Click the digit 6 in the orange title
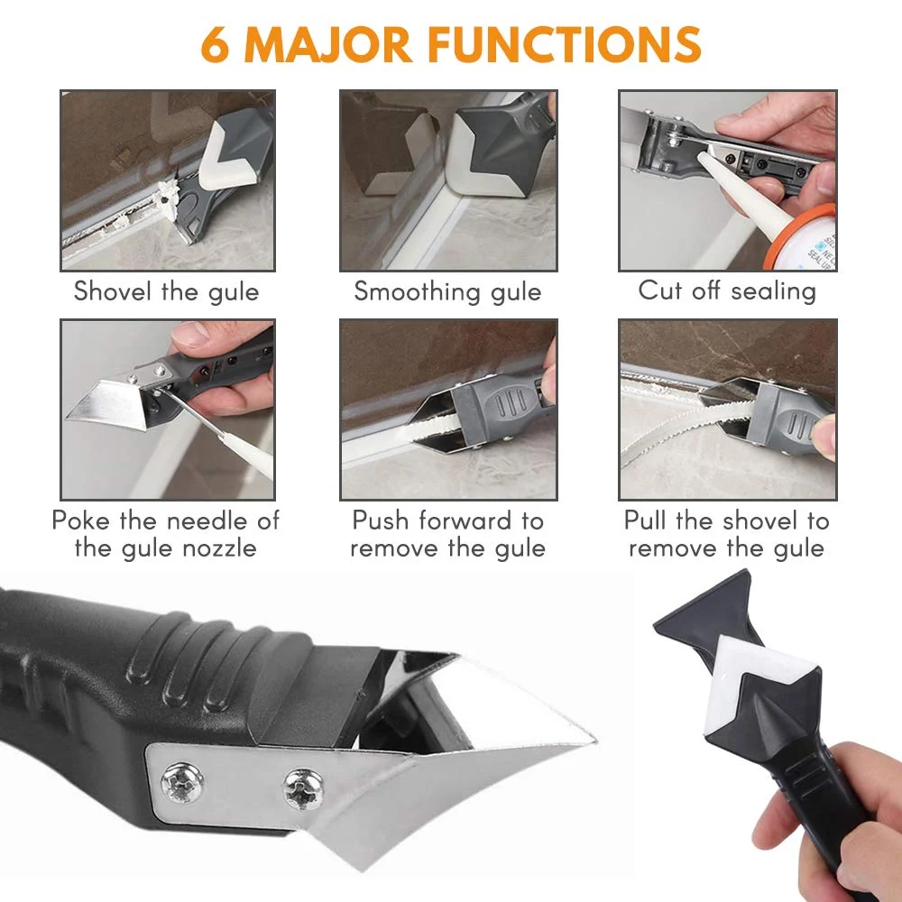216,44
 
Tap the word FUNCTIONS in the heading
565,44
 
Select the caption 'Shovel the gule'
167,291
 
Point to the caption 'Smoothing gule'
447,291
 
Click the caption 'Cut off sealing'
727,290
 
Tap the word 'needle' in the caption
208,520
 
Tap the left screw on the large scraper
182,782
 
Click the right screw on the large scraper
303,789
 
